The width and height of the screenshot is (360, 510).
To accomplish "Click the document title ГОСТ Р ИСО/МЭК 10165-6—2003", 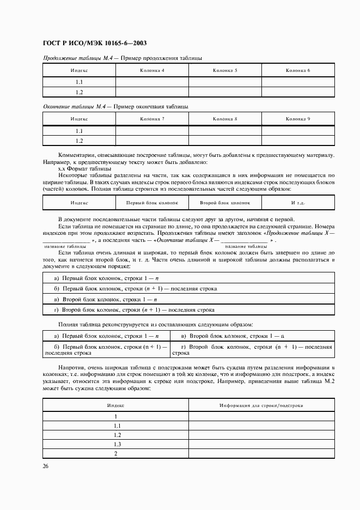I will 94,43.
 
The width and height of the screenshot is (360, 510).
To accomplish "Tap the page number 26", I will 46,466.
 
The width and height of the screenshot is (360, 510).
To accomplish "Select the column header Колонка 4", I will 152,71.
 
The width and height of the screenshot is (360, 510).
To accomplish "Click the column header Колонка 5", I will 225,71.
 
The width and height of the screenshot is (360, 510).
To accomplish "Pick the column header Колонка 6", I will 298,71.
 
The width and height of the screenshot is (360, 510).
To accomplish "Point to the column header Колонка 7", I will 152,119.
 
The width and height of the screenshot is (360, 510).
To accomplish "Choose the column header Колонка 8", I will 225,119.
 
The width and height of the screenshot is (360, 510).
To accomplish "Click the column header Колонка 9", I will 298,119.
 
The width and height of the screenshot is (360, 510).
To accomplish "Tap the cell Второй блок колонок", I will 225,203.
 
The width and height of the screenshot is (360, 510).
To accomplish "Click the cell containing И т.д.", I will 298,203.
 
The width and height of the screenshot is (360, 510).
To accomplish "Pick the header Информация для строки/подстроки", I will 261,405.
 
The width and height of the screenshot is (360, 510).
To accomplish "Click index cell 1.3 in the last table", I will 116,445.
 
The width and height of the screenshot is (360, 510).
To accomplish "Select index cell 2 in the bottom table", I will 116,454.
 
